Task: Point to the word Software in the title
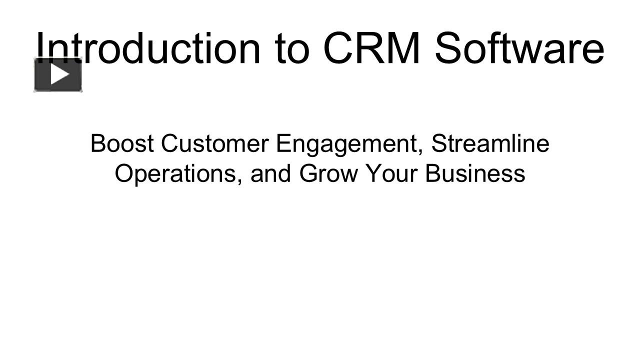[x=519, y=48]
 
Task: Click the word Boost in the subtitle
[x=122, y=143]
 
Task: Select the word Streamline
[x=490, y=143]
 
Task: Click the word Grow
[x=329, y=173]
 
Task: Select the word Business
[x=475, y=173]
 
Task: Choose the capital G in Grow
[x=309, y=173]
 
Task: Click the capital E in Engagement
[x=282, y=143]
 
